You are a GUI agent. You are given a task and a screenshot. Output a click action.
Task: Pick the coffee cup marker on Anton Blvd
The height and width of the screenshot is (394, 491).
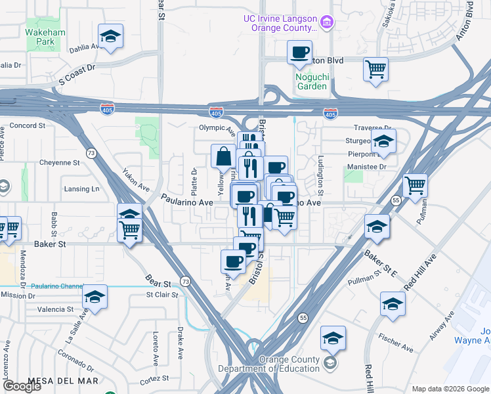click(x=299, y=52)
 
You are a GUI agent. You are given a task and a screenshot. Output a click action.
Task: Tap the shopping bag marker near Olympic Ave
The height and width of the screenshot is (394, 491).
click(x=223, y=156)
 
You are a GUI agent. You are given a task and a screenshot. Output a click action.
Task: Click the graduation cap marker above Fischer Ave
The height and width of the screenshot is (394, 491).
click(x=393, y=304)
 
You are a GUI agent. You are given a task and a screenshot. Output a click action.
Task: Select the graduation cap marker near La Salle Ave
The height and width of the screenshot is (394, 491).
click(x=95, y=297)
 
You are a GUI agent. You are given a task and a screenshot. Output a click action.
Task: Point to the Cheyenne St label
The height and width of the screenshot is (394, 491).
click(x=59, y=162)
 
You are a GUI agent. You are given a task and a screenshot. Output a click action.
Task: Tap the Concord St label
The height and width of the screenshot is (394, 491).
click(x=27, y=125)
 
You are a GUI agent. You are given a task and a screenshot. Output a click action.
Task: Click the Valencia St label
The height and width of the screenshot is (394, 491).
click(x=55, y=309)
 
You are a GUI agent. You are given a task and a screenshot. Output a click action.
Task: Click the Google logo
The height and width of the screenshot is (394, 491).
click(x=22, y=385)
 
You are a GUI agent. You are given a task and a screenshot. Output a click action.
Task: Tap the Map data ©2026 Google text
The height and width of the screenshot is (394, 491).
click(x=450, y=389)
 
